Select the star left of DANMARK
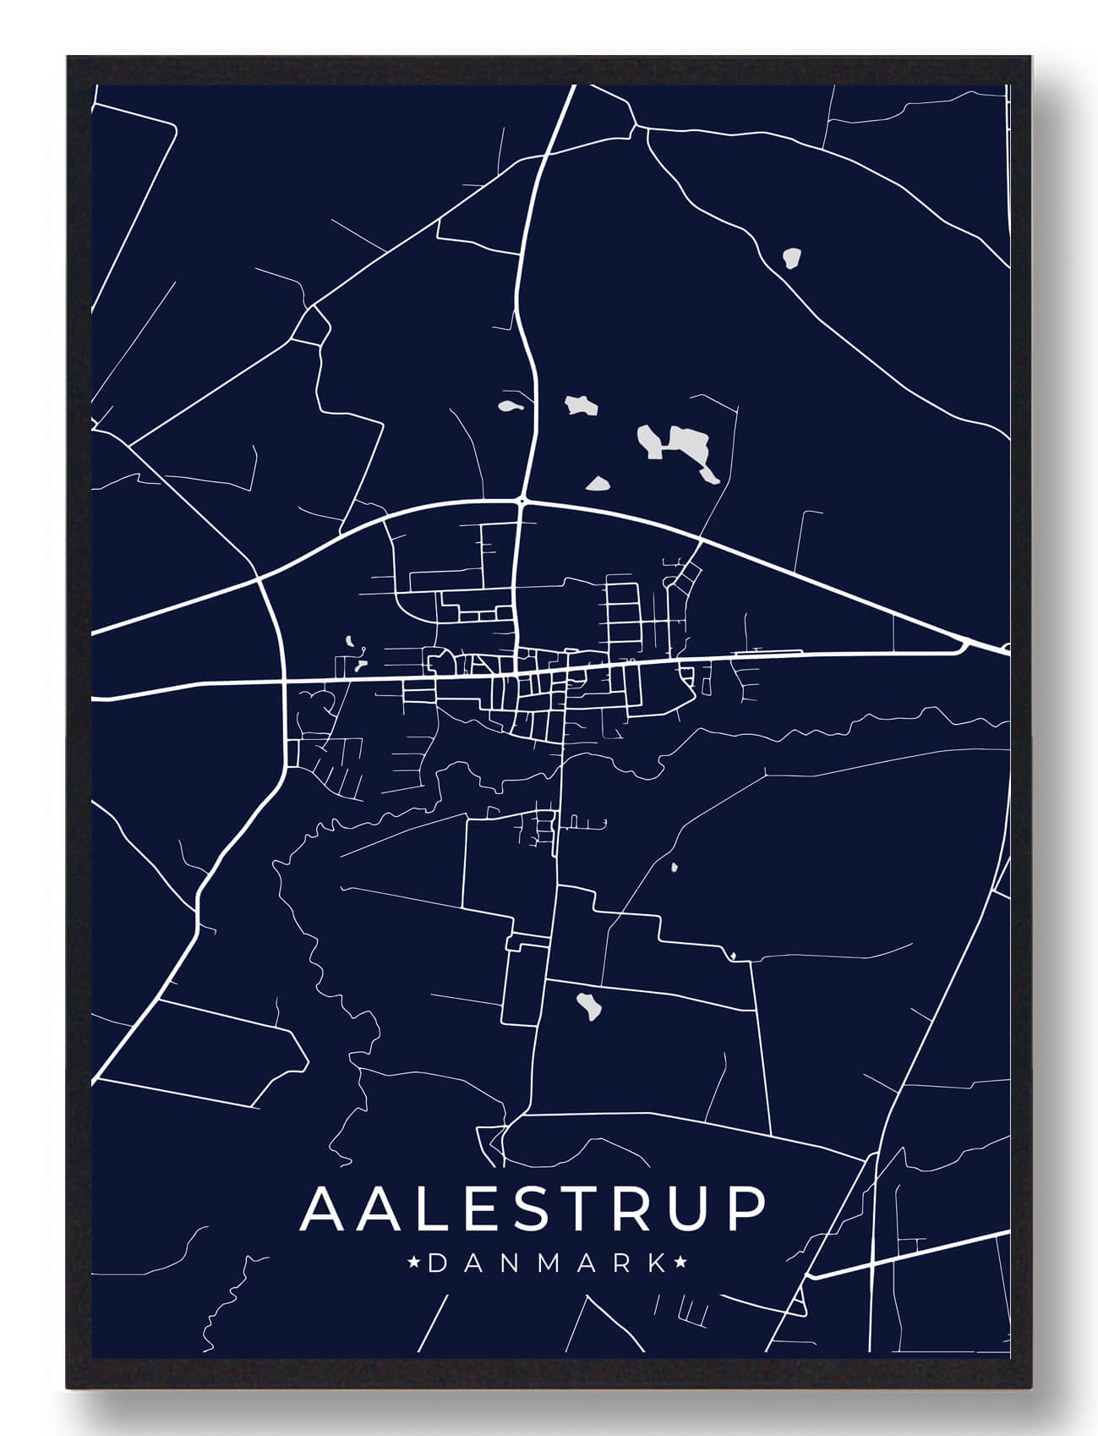(414, 1263)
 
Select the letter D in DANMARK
(438, 1263)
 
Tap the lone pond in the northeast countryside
(791, 258)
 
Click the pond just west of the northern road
(511, 406)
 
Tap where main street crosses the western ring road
(283, 679)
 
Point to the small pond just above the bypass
(599, 483)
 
